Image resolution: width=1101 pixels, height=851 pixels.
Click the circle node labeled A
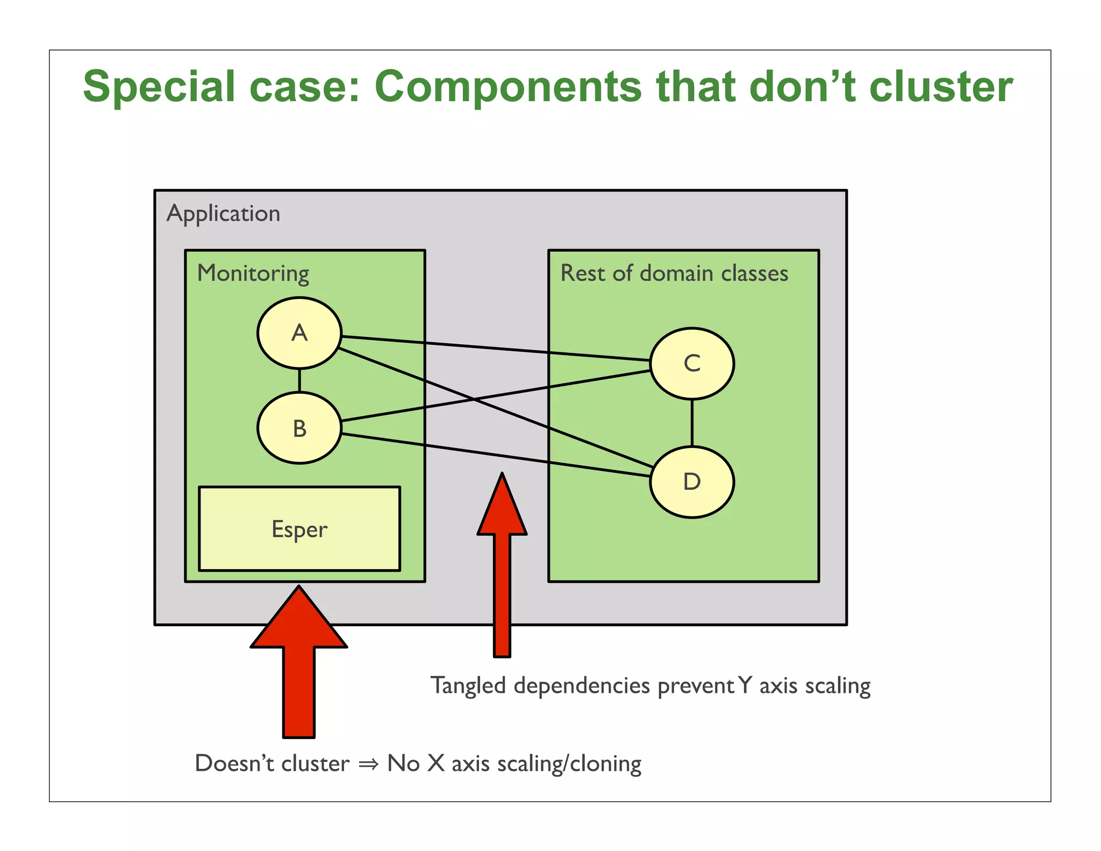(299, 333)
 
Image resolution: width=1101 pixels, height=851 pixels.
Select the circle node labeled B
(299, 428)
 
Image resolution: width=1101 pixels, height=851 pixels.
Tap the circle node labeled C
(692, 364)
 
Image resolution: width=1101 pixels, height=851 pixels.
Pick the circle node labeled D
(692, 481)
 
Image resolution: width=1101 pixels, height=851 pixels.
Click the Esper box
(299, 529)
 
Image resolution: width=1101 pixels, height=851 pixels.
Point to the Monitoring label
(253, 273)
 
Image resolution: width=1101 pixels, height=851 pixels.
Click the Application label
(223, 214)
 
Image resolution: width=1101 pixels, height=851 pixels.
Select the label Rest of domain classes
(674, 273)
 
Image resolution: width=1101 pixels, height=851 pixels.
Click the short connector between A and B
(299, 380)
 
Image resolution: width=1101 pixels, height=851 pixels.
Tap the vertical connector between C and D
(692, 423)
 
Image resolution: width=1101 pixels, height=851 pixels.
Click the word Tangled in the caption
(468, 686)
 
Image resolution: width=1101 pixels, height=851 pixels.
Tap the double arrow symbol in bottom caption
(369, 764)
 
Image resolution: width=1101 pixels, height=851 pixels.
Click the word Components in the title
(508, 87)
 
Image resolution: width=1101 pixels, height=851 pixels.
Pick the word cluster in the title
(941, 87)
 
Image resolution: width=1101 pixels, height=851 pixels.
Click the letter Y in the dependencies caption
(745, 685)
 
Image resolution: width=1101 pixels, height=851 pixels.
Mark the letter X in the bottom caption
(436, 763)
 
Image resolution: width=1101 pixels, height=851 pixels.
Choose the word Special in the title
(159, 87)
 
